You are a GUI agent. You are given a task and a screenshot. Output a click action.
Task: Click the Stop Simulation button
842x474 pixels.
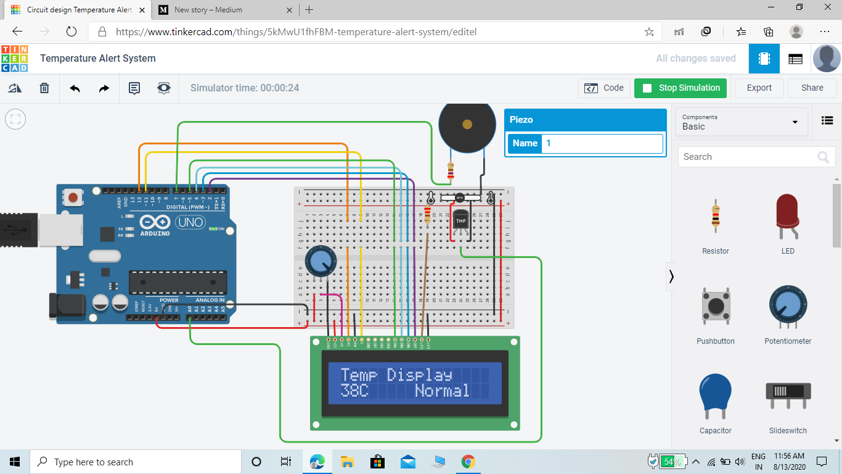pos(681,88)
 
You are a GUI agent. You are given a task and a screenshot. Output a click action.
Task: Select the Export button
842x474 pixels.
pos(759,88)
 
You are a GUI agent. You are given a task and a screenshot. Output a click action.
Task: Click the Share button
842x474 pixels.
pos(812,88)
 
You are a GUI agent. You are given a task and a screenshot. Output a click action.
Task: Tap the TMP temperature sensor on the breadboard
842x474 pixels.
pos(461,221)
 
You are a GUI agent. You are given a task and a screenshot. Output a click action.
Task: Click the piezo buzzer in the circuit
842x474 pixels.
pos(467,125)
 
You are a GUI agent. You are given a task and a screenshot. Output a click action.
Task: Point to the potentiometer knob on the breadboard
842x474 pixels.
pos(321,261)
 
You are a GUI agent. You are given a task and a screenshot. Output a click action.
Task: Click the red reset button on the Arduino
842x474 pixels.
pos(73,198)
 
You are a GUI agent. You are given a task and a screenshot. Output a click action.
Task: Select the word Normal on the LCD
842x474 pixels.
pos(442,391)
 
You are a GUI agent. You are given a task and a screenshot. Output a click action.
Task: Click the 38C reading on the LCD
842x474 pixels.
pos(354,391)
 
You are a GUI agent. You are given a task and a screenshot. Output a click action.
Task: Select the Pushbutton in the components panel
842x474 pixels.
pos(716,307)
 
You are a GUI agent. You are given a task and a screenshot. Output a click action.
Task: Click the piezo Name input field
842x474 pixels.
pos(602,143)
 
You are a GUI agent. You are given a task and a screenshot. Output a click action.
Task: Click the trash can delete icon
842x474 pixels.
pos(44,88)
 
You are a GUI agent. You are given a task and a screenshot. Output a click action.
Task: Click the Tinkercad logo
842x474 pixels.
pos(14,59)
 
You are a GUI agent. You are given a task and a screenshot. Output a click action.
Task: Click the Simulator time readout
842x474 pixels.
pos(245,88)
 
